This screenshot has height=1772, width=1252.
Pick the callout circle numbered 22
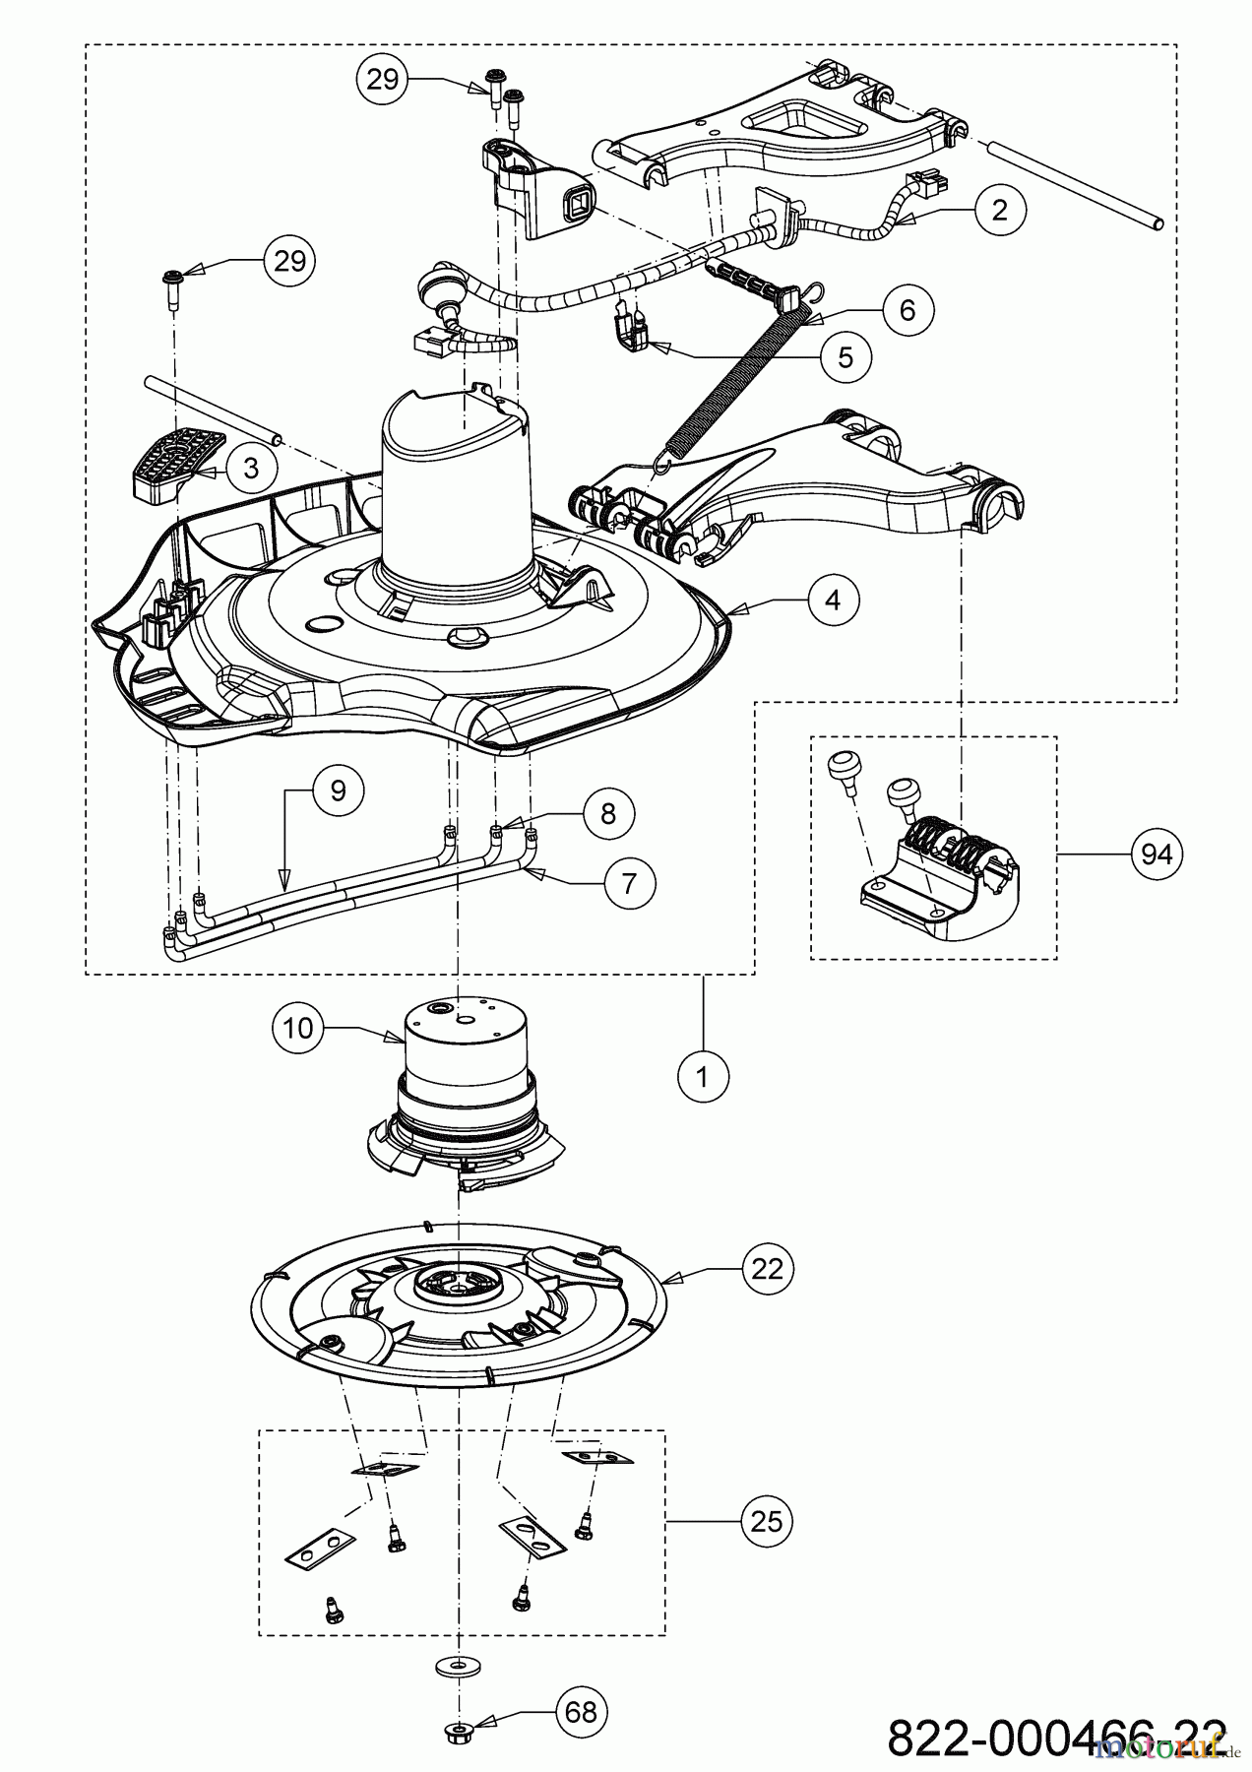[767, 1269]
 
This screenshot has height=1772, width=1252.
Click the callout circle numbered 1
[703, 1077]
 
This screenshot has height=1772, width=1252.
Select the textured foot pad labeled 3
[173, 463]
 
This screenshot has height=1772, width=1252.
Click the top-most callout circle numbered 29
[382, 79]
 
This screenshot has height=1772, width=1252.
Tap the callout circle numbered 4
[833, 599]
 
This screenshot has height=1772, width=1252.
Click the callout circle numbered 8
[607, 813]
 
